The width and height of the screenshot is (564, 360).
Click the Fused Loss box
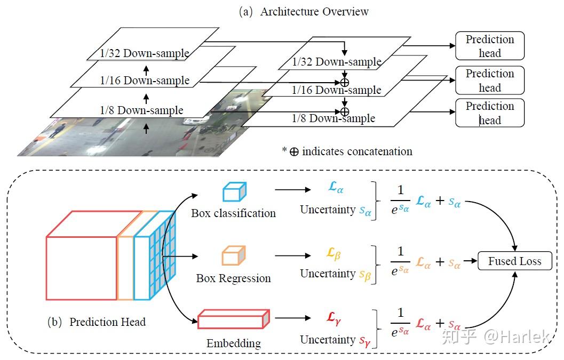tap(514, 261)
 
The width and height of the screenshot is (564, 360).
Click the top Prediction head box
tap(490, 46)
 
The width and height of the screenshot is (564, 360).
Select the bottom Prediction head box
tap(490, 113)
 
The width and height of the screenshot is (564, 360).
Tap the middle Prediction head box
tap(490, 80)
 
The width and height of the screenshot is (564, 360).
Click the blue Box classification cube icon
tap(234, 192)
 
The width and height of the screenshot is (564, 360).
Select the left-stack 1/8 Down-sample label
tap(141, 110)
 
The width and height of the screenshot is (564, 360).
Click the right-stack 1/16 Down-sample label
tap(336, 90)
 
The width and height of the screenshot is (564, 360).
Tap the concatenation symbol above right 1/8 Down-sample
tap(345, 111)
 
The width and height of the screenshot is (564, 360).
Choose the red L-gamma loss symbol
tap(333, 318)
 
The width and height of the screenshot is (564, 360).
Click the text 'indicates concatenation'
tap(357, 151)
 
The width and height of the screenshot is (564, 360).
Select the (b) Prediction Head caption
tap(97, 322)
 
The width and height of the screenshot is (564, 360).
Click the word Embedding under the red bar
tap(234, 343)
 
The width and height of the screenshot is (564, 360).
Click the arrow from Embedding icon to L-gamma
tap(292, 318)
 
